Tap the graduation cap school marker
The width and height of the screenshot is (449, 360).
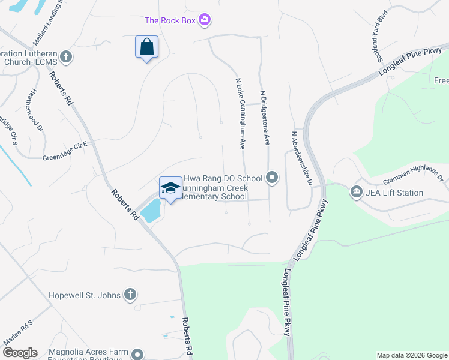(x=170, y=188)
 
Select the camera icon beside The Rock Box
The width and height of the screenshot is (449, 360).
(x=205, y=20)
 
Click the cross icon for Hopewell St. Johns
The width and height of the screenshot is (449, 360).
(x=130, y=295)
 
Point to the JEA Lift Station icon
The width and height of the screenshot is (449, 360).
(x=355, y=193)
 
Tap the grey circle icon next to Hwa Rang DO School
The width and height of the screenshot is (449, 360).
(x=272, y=178)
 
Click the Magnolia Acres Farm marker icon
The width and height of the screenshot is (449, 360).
(x=139, y=354)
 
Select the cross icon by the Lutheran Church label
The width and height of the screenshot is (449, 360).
(x=66, y=57)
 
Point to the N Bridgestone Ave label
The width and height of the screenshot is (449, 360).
(x=264, y=118)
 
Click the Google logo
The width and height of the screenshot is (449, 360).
(x=20, y=353)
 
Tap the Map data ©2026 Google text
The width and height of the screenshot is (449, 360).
(x=411, y=355)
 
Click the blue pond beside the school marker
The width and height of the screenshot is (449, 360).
(x=151, y=209)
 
